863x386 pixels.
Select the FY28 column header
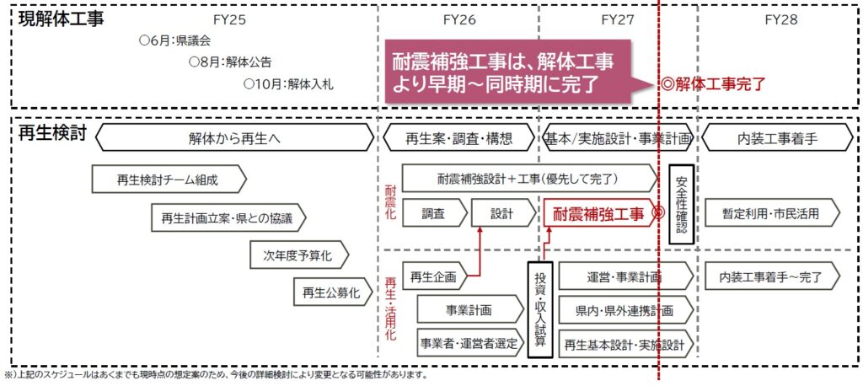coord(782,18)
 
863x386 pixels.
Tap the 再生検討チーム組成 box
coord(168,179)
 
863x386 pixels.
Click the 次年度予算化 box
coord(298,254)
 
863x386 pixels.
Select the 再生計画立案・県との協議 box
coord(228,217)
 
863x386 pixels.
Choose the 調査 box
coord(433,213)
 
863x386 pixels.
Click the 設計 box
coord(501,213)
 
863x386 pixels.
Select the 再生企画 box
coord(433,276)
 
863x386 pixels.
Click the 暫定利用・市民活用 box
coord(769,213)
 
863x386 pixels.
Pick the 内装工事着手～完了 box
coord(769,276)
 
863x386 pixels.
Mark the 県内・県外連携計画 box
coord(624,310)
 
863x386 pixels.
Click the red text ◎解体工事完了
coord(714,83)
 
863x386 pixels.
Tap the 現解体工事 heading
coord(61,19)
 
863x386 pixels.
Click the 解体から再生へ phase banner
coord(235,138)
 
